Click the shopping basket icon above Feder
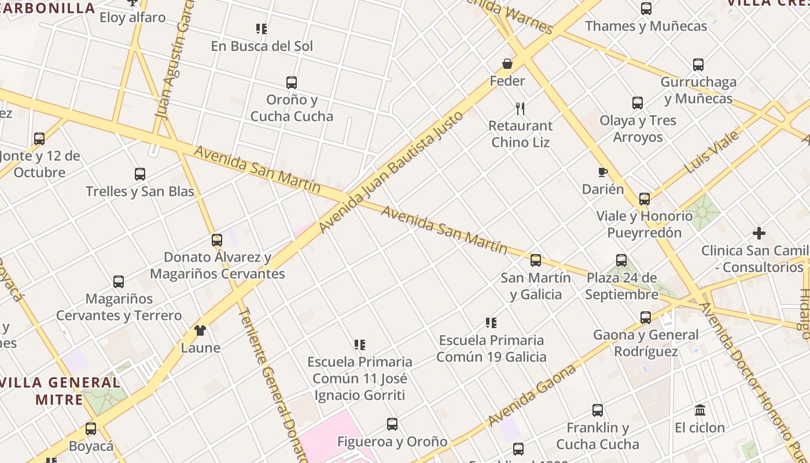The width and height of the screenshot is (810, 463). tap(507, 64)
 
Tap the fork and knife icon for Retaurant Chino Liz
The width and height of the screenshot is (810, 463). tap(520, 108)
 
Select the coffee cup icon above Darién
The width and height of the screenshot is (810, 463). tap(602, 172)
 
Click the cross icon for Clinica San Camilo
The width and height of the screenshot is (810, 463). tap(759, 233)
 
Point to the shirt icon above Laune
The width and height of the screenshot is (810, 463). tap(200, 330)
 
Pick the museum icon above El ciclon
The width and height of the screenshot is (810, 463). tap(700, 410)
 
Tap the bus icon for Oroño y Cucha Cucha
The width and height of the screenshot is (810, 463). tap(292, 82)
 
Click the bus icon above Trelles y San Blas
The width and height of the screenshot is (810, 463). tap(139, 174)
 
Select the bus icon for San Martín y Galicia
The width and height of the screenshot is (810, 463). tap(536, 260)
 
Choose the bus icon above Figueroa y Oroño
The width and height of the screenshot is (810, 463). tap(392, 424)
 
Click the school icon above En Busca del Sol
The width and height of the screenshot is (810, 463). tap(262, 28)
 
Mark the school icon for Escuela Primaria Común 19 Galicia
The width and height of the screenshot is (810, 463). tap(491, 322)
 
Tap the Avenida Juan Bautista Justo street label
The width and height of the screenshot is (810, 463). tap(391, 171)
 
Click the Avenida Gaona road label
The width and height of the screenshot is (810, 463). tap(532, 395)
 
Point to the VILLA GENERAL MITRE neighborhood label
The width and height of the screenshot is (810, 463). tap(60, 391)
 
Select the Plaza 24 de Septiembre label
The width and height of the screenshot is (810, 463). tap(621, 286)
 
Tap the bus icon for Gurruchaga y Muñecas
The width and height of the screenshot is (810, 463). tap(698, 64)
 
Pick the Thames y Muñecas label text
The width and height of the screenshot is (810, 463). tap(646, 26)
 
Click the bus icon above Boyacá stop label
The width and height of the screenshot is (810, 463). tap(91, 429)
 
